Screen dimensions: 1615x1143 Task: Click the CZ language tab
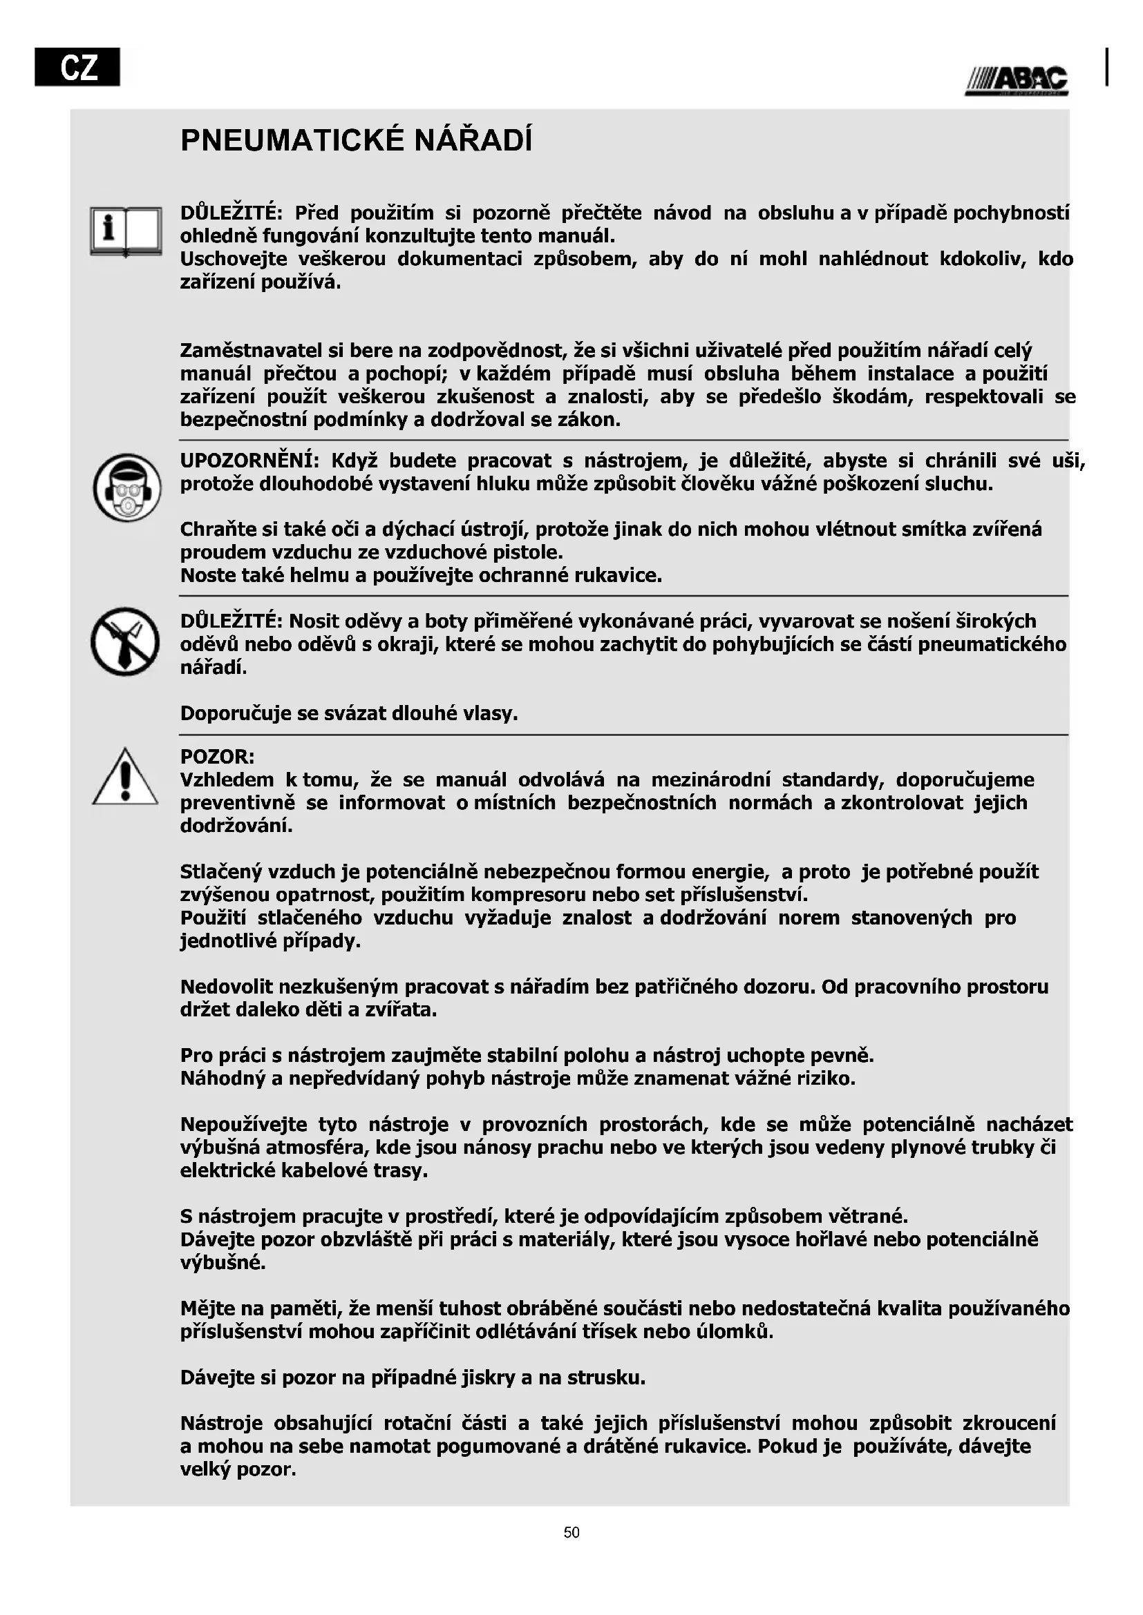pos(77,67)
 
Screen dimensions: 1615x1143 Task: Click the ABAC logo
pos(1017,81)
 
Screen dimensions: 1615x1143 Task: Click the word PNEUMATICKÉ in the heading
pos(292,140)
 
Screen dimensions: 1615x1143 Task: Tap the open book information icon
pos(126,231)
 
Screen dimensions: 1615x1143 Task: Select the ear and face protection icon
pos(127,487)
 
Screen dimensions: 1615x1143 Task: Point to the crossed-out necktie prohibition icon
pos(125,641)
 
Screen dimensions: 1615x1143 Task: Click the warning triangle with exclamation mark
pos(125,777)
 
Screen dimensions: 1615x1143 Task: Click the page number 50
pos(571,1533)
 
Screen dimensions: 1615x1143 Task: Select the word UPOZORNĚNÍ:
pos(250,461)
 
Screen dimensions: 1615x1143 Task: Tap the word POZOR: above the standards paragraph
pos(218,757)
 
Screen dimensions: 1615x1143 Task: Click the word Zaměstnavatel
pos(250,350)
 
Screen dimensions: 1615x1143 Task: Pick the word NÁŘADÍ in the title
pos(473,140)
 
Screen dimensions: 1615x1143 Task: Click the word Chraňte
pos(214,529)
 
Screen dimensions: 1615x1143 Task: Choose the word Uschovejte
pos(234,259)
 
